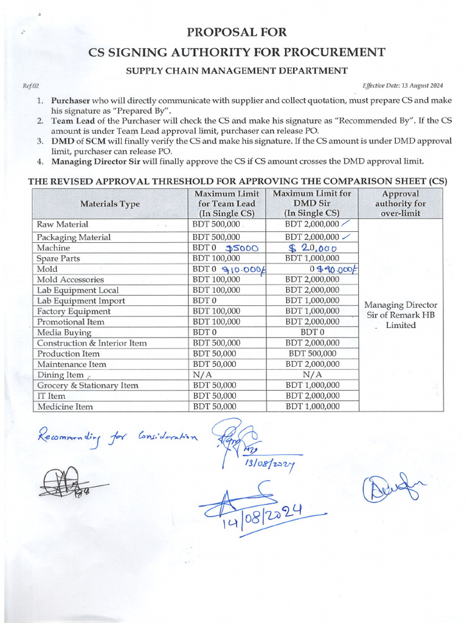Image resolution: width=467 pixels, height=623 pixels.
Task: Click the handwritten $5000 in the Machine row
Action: [x=241, y=248]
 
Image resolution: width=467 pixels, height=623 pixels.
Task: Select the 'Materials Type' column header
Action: [x=109, y=204]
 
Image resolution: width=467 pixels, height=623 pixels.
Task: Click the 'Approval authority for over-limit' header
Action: [x=400, y=203]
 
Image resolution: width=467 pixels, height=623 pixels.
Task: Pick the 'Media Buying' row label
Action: [x=64, y=333]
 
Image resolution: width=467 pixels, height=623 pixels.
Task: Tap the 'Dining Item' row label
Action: [x=60, y=375]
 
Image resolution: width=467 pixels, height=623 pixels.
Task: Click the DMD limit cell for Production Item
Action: [x=312, y=353]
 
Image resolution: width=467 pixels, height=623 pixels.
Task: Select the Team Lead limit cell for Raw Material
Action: [x=216, y=224]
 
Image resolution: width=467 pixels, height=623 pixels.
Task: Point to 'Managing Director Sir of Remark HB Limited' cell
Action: [x=400, y=315]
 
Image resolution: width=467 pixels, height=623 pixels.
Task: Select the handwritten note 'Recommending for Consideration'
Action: [x=117, y=436]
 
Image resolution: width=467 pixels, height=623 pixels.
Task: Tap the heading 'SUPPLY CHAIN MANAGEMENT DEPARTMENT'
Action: [x=237, y=71]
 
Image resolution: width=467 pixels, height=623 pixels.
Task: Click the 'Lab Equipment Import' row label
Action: [x=81, y=301]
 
